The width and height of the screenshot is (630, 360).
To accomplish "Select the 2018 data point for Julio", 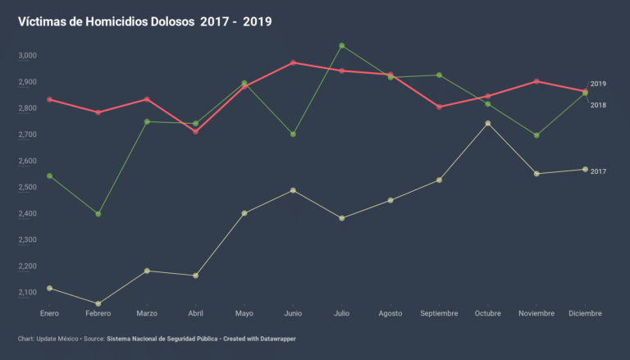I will (x=342, y=46).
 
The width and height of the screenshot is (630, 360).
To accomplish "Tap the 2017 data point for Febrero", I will (x=98, y=304).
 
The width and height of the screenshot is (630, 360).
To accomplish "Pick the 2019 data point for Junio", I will (x=293, y=62).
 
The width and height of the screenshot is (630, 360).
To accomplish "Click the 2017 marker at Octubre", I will (x=488, y=124).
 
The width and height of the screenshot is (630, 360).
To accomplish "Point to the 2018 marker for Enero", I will (x=50, y=176).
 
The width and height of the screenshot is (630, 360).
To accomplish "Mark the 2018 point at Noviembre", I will (x=536, y=135).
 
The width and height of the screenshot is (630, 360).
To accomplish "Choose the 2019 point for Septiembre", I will (x=440, y=107).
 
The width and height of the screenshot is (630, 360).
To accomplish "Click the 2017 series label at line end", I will (x=598, y=171).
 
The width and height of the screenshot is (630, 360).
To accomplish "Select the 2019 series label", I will (x=598, y=84).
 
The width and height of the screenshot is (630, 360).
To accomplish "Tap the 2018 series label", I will (x=598, y=105).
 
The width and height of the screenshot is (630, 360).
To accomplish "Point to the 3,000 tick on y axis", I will (x=27, y=56).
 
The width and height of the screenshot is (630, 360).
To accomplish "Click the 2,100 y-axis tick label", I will (x=27, y=293).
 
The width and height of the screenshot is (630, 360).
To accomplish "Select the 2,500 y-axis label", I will (x=27, y=188).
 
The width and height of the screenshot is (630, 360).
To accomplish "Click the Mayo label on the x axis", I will (x=244, y=313).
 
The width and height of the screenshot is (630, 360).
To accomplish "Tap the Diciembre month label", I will (x=585, y=313).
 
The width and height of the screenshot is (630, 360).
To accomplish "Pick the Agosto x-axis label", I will (x=390, y=313).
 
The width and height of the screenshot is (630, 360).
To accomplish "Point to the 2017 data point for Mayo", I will (x=244, y=213).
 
